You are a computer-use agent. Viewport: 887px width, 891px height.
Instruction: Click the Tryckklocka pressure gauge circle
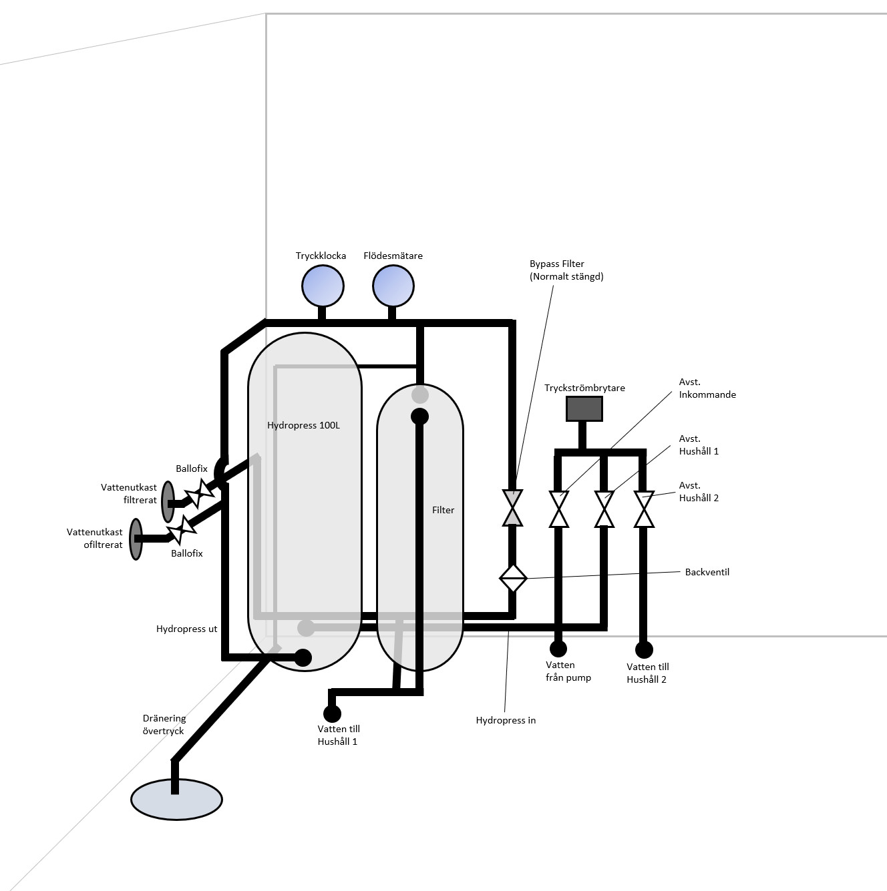pyautogui.click(x=323, y=286)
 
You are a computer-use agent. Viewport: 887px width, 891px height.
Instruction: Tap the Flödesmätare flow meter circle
pyautogui.click(x=393, y=286)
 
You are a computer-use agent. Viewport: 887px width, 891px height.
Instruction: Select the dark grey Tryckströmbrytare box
pyautogui.click(x=584, y=408)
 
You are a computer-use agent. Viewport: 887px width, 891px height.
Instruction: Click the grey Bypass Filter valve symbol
pyautogui.click(x=512, y=508)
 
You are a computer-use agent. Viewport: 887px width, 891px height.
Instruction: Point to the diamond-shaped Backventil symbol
pyautogui.click(x=513, y=578)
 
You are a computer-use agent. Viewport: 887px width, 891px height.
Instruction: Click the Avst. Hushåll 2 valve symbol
pyautogui.click(x=644, y=509)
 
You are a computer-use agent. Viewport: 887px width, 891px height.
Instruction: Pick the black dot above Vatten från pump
pyautogui.click(x=558, y=648)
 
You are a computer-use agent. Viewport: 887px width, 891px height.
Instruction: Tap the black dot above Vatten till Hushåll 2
pyautogui.click(x=644, y=649)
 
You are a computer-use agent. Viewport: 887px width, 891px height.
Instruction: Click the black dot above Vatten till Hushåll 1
pyautogui.click(x=332, y=713)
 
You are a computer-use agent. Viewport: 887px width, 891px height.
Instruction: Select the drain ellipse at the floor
pyautogui.click(x=176, y=800)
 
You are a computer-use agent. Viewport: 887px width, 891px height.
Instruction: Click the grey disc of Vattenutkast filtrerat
pyautogui.click(x=168, y=501)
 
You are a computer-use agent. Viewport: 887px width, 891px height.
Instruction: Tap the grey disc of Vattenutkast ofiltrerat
pyautogui.click(x=136, y=539)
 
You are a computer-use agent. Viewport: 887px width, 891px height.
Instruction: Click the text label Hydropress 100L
pyautogui.click(x=303, y=425)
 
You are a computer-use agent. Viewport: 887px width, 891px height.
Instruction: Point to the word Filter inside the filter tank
pyautogui.click(x=443, y=510)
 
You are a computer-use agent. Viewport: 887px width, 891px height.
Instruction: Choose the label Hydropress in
pyautogui.click(x=506, y=720)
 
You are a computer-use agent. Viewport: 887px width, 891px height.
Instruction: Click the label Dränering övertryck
pyautogui.click(x=164, y=724)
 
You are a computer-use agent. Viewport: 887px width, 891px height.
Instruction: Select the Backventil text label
pyautogui.click(x=707, y=572)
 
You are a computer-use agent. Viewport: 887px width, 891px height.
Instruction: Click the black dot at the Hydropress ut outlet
pyautogui.click(x=303, y=657)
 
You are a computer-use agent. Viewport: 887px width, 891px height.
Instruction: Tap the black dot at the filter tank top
pyautogui.click(x=419, y=417)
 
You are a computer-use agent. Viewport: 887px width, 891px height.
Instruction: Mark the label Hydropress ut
pyautogui.click(x=186, y=629)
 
